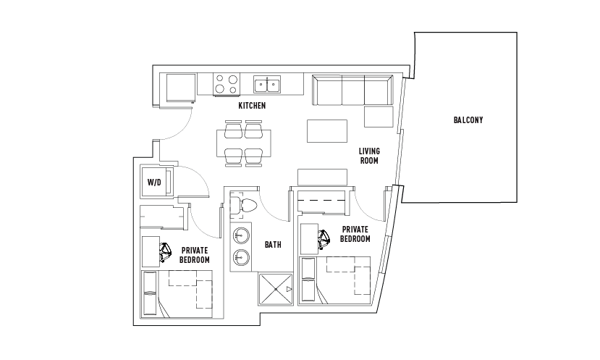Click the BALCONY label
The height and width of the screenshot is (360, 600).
pos(468,120)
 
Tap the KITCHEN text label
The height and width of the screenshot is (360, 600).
pos(252,105)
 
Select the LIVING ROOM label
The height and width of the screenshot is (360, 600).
pos(369,156)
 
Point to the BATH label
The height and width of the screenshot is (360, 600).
pos(273,244)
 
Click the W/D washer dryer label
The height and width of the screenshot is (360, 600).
pos(154,183)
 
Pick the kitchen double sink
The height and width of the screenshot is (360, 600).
pos(267,84)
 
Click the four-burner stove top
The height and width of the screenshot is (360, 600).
pos(227,84)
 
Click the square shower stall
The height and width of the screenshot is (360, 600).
pos(276,289)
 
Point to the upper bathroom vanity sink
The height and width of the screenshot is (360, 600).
pos(242,235)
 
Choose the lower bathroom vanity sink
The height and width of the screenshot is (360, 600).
pos(242,256)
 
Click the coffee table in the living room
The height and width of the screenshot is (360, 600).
pos(327,131)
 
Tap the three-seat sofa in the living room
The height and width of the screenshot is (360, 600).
pos(352,90)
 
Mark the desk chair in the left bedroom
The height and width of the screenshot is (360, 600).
pos(166,252)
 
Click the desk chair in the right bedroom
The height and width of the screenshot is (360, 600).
pos(324,239)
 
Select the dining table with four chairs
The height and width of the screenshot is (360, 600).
pos(243,143)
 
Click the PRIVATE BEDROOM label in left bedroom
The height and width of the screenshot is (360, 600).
pos(195,255)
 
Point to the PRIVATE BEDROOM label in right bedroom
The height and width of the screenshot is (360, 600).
pos(355,234)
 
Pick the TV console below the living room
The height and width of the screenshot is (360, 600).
pos(322,177)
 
